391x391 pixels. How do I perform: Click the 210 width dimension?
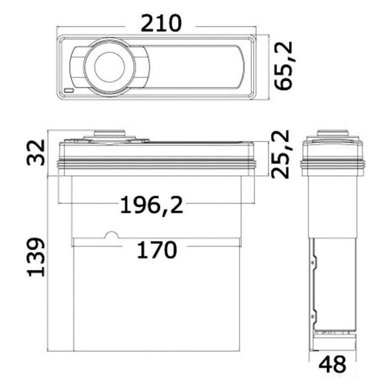(161, 23)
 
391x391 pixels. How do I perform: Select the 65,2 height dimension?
(283, 66)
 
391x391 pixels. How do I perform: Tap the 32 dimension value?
(35, 153)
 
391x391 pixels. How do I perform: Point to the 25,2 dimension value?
(281, 155)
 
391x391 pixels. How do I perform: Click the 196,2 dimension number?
(151, 206)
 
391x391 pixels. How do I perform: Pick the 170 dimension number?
(157, 249)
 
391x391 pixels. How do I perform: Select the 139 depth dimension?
(35, 257)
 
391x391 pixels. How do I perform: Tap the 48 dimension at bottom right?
(332, 364)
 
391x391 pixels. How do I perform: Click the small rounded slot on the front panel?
(69, 90)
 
